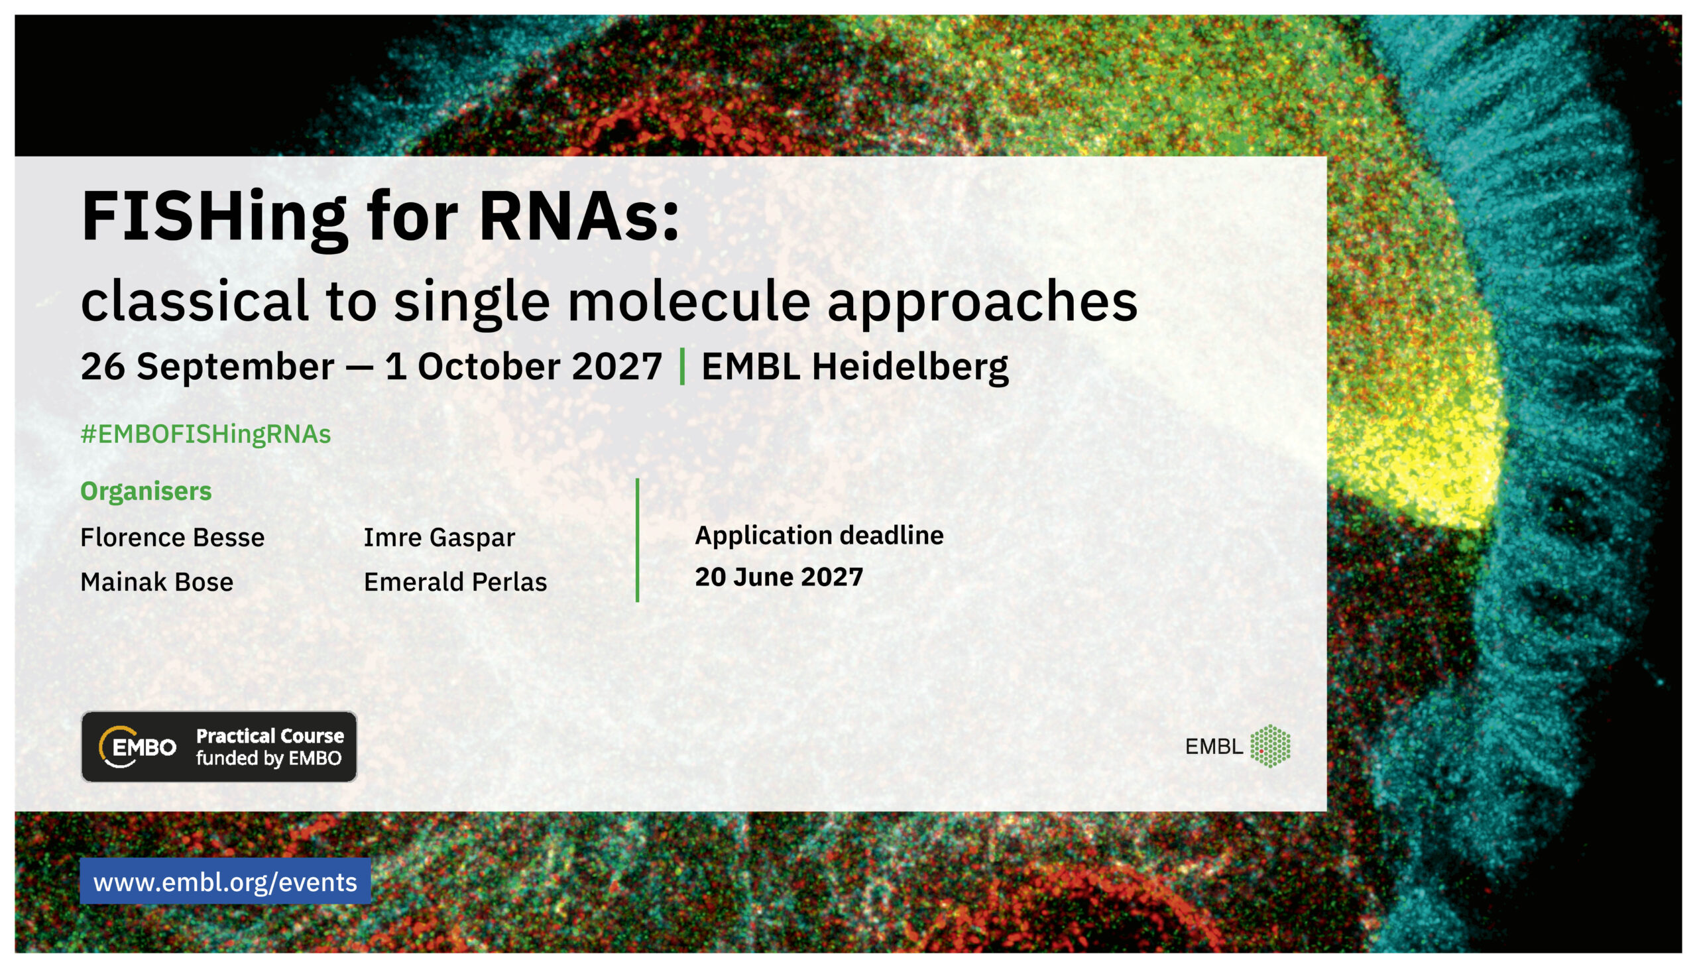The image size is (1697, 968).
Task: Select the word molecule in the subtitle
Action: coord(689,301)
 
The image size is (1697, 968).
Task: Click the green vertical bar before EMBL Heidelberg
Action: coord(682,367)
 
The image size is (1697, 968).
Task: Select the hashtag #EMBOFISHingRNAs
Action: coord(205,434)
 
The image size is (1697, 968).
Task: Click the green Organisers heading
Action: coord(146,491)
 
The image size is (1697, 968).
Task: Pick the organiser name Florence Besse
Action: coord(172,537)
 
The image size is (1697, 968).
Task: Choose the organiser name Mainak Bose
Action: coord(157,581)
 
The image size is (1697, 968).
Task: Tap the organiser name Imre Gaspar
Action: coord(439,538)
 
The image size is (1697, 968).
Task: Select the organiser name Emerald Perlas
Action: coord(455,581)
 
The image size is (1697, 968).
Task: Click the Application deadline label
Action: coord(819,536)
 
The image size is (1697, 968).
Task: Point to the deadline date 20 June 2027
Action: coord(779,577)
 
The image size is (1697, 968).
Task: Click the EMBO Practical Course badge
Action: coord(219,747)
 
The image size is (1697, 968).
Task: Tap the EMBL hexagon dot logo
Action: coord(1270,746)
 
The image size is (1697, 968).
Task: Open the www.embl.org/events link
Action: coord(225,882)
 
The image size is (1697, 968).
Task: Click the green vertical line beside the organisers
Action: coord(637,540)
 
